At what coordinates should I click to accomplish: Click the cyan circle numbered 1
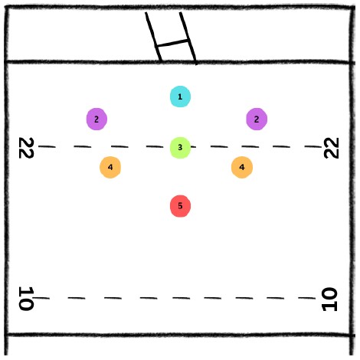(180, 97)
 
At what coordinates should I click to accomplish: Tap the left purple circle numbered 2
(97, 119)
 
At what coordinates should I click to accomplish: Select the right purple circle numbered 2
(257, 119)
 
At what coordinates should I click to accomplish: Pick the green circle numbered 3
(180, 148)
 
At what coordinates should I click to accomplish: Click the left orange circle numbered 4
(110, 167)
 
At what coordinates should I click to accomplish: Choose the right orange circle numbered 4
(242, 167)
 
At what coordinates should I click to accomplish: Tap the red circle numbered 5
(180, 206)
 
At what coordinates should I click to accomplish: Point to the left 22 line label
(26, 148)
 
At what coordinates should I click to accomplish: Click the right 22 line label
(331, 148)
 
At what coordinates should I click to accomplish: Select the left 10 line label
(26, 298)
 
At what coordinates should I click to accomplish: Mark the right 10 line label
(329, 299)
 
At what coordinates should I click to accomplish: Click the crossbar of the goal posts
(172, 43)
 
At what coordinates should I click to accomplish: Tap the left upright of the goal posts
(153, 36)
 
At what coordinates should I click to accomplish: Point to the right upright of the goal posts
(188, 38)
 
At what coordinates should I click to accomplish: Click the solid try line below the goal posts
(180, 62)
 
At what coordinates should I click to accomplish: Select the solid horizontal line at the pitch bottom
(180, 335)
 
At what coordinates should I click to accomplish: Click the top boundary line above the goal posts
(180, 8)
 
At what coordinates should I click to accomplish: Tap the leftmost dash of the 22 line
(47, 146)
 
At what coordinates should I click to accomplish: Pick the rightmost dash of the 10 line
(307, 298)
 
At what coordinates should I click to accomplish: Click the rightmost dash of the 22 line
(313, 146)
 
